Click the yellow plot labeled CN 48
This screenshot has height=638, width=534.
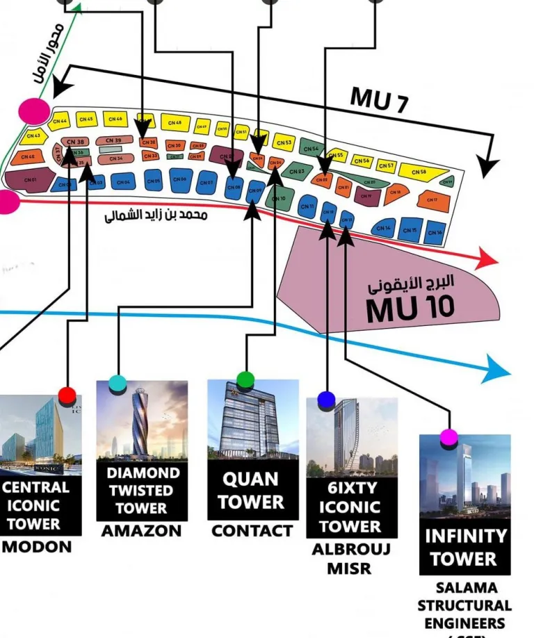(175, 123)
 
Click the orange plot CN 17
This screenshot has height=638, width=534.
(432, 200)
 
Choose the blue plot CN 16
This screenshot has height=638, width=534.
(434, 232)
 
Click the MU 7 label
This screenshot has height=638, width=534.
(379, 99)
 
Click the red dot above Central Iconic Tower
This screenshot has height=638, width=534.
(67, 395)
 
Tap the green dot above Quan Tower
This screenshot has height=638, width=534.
(245, 379)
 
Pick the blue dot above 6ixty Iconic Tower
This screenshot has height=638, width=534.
(326, 400)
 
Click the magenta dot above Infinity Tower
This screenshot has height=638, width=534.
(449, 436)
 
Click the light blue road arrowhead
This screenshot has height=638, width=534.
(498, 368)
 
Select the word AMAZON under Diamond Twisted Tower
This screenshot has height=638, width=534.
(141, 531)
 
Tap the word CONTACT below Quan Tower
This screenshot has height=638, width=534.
(252, 531)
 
